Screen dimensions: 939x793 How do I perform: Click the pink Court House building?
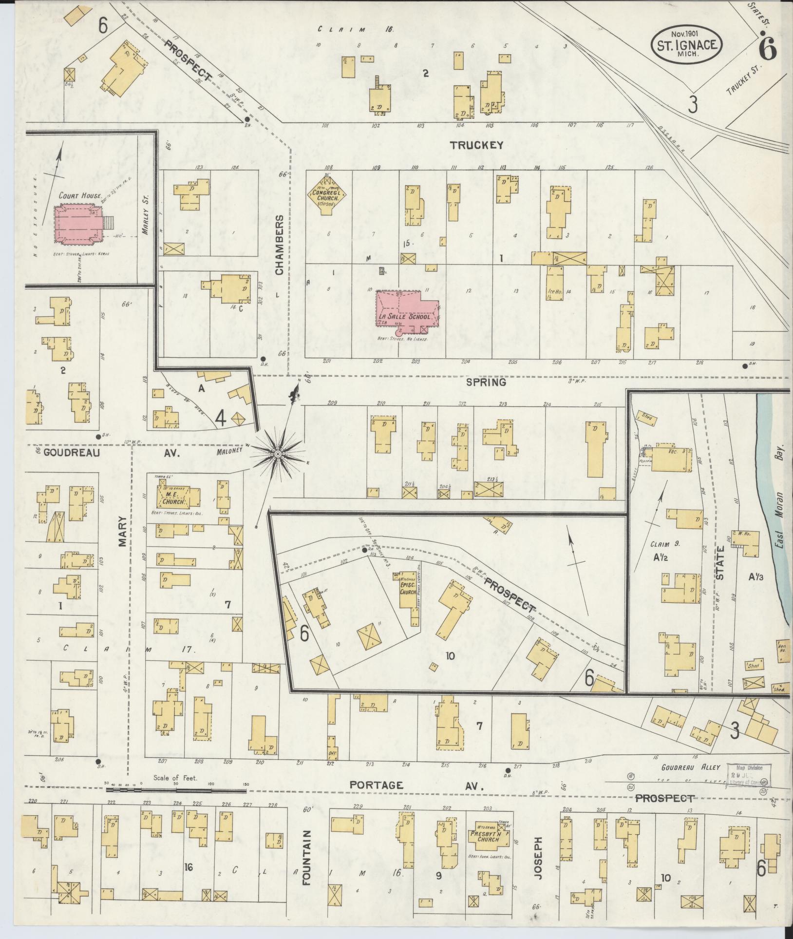coord(78,225)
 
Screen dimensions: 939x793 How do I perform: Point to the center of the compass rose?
coord(277,454)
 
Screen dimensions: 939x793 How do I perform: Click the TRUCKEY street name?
coord(476,145)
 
